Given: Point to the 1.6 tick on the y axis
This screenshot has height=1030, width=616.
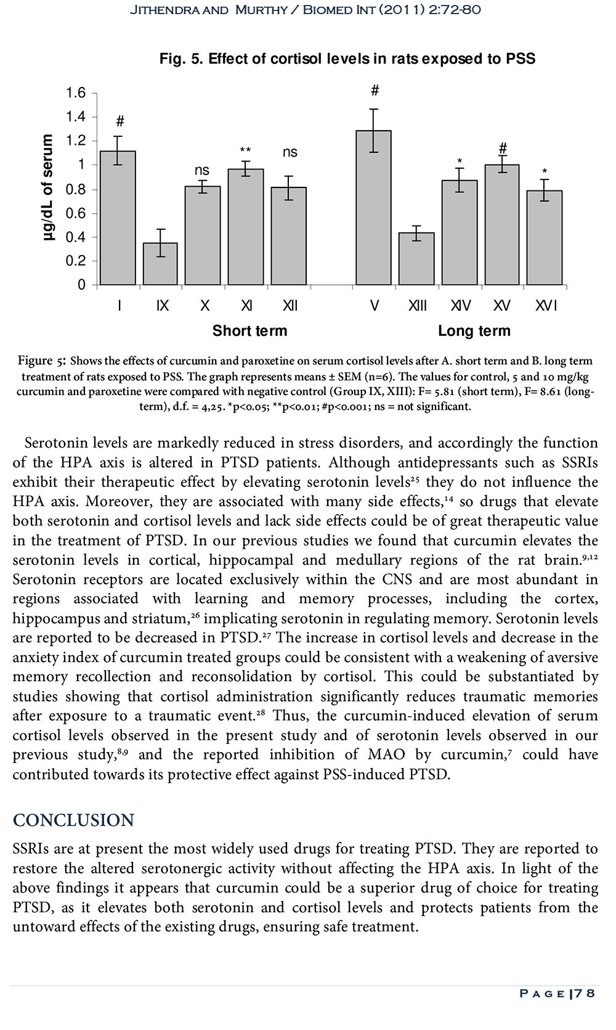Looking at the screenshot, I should pos(76,93).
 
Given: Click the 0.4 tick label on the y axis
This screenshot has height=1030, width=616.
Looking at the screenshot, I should pos(76,237).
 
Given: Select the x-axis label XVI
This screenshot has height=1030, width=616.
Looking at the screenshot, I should pos(546,306).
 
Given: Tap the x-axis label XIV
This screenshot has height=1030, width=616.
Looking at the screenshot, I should pos(460,306).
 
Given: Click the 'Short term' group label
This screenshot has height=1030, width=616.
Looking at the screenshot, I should pos(249,331).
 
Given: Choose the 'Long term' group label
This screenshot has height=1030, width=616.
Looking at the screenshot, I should pos(474,331).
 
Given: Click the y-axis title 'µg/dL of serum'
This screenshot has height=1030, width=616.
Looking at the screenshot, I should pos(49,188).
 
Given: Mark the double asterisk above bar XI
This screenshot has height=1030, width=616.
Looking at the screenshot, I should pos(245,150).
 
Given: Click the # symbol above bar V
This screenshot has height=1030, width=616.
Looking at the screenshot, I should pos(375,91).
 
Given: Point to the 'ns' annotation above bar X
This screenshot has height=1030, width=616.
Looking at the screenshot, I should pos(202,171).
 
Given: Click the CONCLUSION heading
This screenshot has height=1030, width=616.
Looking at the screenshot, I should pos(73,820).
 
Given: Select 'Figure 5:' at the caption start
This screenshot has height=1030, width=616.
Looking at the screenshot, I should pos(43,361).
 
